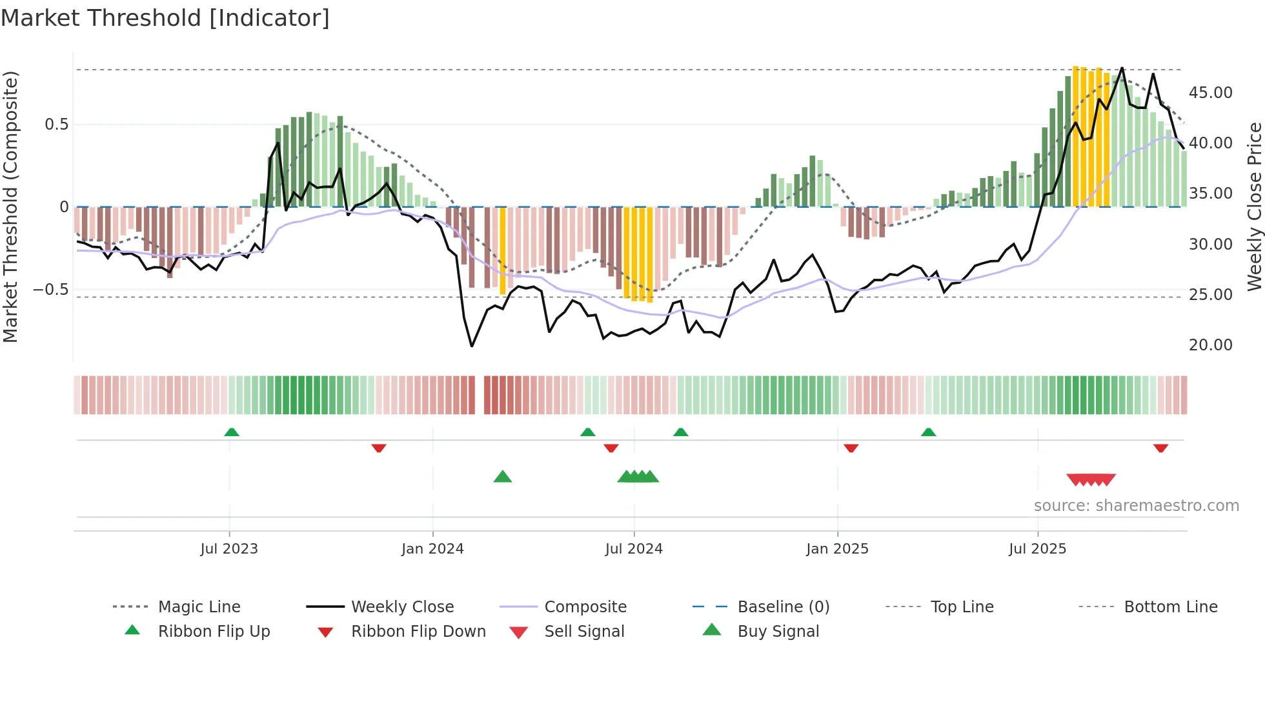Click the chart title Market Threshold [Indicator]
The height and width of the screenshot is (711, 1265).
pos(165,18)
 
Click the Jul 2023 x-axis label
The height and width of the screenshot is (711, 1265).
pos(229,548)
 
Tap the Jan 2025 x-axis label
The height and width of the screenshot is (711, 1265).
pos(837,548)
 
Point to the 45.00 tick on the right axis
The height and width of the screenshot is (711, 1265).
pos(1210,92)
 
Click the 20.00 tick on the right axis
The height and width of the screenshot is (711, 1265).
pos(1210,345)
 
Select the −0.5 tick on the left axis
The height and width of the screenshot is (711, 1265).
pos(51,289)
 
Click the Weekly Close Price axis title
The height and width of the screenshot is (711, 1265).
pos(1254,206)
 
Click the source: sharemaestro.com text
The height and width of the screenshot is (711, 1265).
pos(1136,505)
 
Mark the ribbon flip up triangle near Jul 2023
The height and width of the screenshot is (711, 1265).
pos(232,432)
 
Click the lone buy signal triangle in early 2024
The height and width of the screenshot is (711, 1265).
pos(502,477)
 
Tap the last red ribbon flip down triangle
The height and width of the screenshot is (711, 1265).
pos(1160,448)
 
